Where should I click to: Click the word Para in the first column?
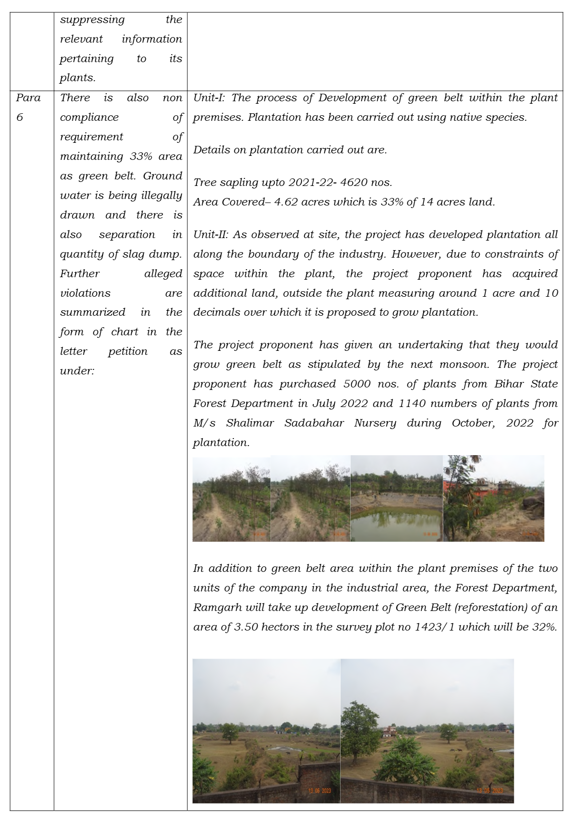coord(28,98)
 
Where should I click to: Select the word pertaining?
coord(87,59)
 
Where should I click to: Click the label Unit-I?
coord(210,98)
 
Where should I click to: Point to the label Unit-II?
coord(211,235)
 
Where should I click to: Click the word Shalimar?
coord(249,423)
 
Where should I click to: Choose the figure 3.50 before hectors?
coord(246,627)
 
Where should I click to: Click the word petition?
coord(128,351)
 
